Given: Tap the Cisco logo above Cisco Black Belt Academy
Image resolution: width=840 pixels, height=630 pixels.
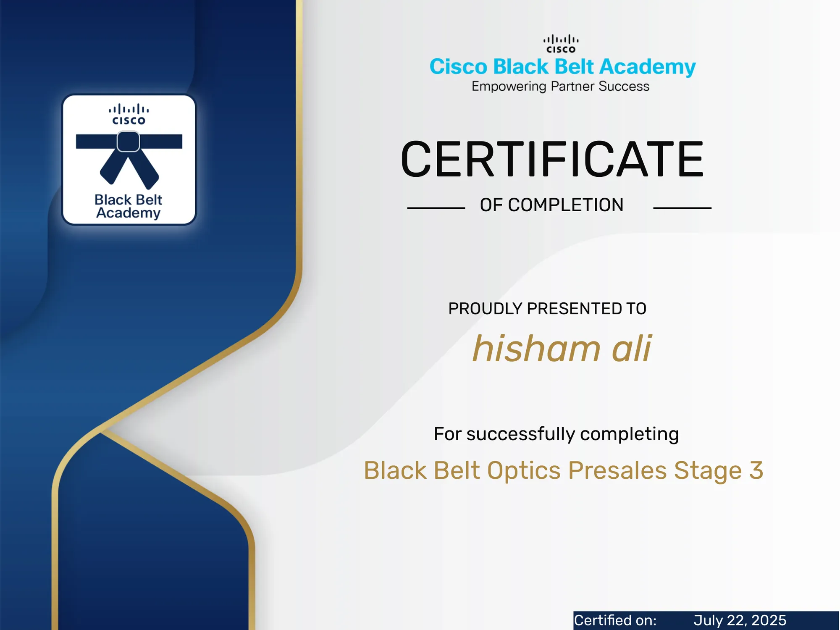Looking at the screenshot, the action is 561,44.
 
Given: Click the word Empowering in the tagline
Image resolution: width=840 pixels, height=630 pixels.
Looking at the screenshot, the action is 509,87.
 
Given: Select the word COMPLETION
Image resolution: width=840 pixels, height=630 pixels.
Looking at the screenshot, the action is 565,205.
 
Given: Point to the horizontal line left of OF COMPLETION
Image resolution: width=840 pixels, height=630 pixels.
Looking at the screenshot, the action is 436,208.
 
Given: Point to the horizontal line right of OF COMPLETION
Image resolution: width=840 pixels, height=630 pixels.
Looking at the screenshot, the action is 682,208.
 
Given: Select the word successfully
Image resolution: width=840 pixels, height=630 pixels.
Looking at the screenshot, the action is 521,434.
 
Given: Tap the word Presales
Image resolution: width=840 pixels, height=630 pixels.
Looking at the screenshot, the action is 617,470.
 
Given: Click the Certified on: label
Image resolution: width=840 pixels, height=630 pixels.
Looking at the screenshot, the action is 615,620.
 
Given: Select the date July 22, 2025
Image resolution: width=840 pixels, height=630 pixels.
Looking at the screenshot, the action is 740,620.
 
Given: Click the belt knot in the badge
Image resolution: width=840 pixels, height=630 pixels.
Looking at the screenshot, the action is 128,142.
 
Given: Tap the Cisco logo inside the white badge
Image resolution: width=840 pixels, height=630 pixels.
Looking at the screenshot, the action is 129,114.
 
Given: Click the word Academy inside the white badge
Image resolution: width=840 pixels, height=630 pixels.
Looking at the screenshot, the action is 128,213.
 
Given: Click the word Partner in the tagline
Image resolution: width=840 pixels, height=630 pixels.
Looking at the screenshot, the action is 572,87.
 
